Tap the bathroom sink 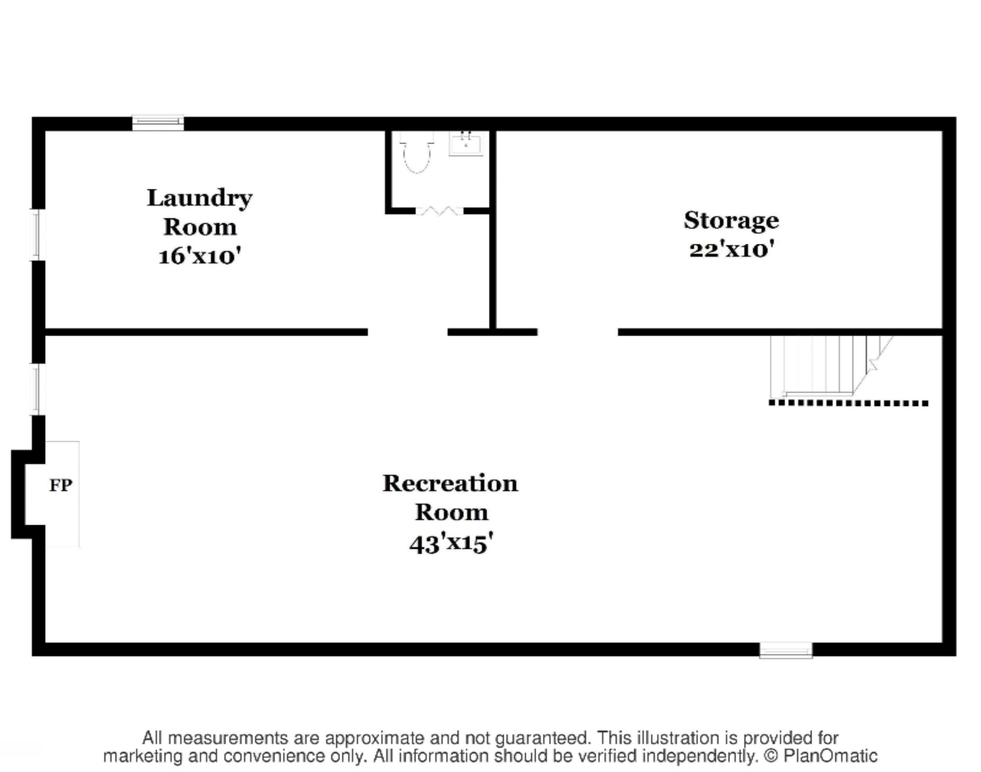[x=466, y=144]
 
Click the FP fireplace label [x=60, y=485]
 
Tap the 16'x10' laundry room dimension [x=199, y=256]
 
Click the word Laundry [x=199, y=198]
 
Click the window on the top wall [x=158, y=123]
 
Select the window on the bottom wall [x=785, y=650]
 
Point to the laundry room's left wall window [x=38, y=235]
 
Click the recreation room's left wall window [x=38, y=390]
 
